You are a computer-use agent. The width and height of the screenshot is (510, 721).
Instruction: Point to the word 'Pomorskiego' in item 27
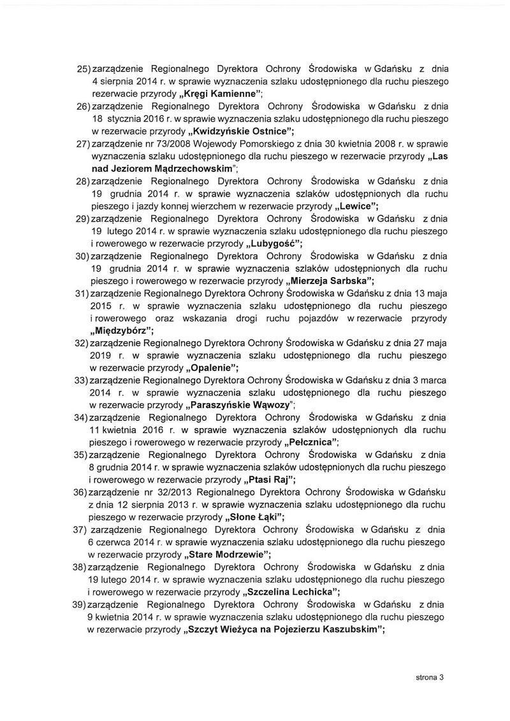[x=248, y=146]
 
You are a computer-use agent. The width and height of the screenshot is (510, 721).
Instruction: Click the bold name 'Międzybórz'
[x=120, y=331]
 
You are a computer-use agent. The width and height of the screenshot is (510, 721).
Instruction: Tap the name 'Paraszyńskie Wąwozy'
[x=239, y=405]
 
